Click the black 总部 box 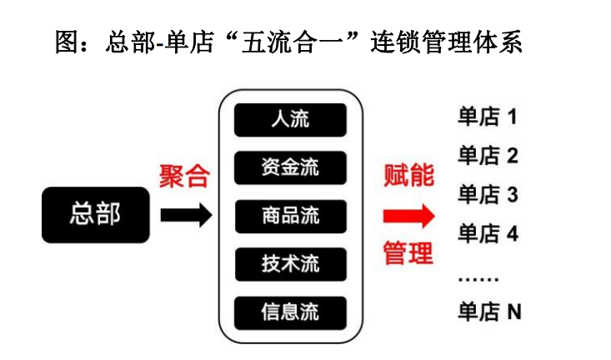pos(96,215)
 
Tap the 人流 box pos(290,119)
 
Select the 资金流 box pos(290,167)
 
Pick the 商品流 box pos(290,216)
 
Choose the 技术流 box pos(290,264)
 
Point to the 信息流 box pos(290,312)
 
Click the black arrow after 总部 pos(185,216)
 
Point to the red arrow pos(408,216)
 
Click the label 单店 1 pos(488,116)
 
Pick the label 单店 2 pos(488,155)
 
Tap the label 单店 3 pos(488,195)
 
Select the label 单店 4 pos(488,234)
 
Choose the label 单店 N pos(489,312)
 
